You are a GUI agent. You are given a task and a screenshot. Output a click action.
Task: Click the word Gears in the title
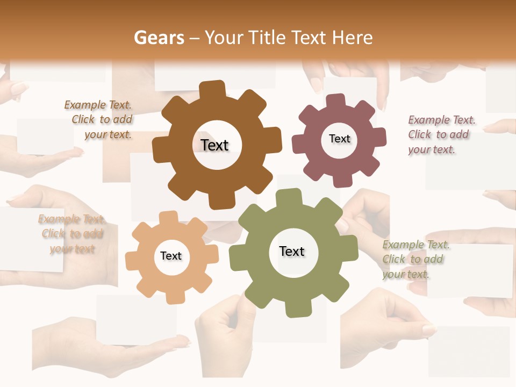tap(159, 38)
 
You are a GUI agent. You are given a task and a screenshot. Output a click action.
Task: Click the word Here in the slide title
tap(352, 38)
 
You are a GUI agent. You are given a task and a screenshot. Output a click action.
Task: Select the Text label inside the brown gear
tap(214, 145)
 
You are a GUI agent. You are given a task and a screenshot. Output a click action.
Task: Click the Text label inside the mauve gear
tap(339, 139)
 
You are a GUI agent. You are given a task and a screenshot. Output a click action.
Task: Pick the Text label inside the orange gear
tap(171, 256)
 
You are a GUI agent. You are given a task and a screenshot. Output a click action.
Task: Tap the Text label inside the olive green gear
tap(292, 251)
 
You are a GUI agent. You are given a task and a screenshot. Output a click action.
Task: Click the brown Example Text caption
tap(99, 120)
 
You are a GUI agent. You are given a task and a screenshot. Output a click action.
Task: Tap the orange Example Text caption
tap(72, 234)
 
